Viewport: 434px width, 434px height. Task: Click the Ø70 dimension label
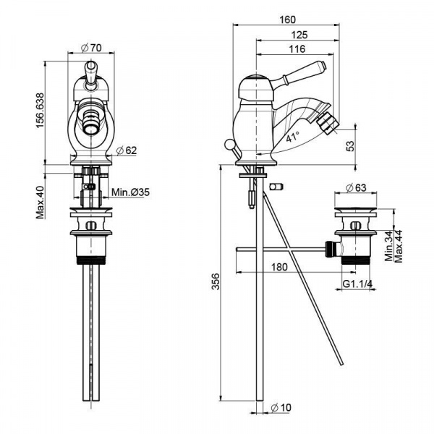90,47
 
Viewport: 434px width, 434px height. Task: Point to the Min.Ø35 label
131,193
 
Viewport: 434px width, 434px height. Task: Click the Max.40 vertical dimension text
41,201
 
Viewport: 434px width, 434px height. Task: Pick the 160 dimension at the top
287,20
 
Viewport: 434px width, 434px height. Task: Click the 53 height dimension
350,145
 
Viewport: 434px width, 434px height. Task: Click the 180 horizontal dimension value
280,267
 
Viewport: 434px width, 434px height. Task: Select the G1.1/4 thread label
357,284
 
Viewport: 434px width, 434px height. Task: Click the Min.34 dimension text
388,246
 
